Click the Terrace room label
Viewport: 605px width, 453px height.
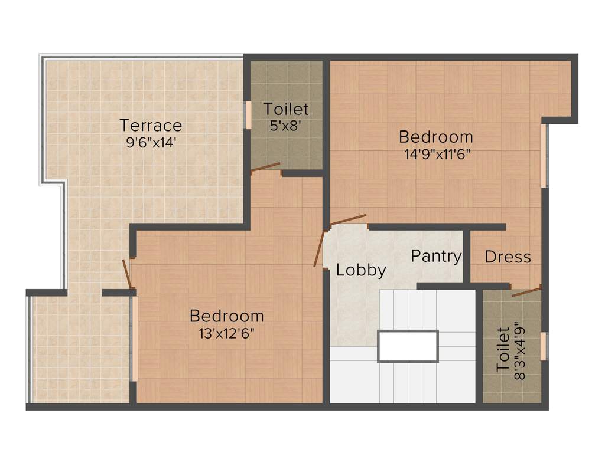[151, 126]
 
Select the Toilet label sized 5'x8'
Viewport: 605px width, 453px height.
[286, 109]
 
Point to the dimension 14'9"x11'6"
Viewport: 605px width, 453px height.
[436, 154]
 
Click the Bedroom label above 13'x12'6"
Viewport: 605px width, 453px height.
[226, 316]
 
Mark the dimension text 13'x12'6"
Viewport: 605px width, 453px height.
[226, 333]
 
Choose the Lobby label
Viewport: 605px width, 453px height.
[361, 270]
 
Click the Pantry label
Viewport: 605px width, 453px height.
[436, 256]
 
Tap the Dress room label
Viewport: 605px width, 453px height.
[508, 257]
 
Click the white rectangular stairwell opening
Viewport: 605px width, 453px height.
[408, 346]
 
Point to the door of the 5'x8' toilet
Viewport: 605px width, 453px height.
[265, 168]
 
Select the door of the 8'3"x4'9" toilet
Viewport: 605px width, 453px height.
[526, 291]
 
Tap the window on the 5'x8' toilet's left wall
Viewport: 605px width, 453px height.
[249, 115]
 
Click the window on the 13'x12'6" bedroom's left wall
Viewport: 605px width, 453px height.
[135, 339]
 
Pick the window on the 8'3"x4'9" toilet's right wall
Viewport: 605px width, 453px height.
[544, 346]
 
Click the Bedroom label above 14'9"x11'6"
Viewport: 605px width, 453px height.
[436, 137]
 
